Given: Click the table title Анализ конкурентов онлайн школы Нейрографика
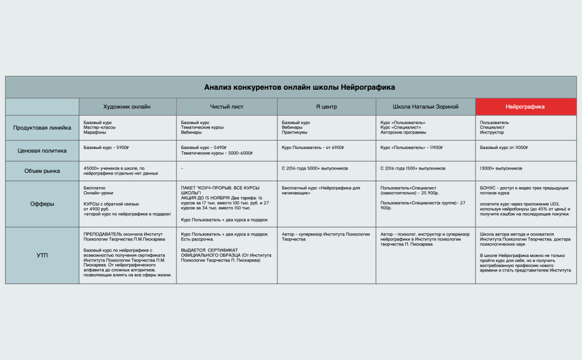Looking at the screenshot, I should point(299,88).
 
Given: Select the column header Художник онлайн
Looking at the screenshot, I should point(127,106).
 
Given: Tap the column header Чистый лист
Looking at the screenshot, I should point(226,106).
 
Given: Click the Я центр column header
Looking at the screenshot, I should point(326,106).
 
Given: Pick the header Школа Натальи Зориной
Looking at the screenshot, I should point(425,106).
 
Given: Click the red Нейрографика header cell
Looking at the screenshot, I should point(525,106).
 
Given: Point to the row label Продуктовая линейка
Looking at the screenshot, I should point(42,128).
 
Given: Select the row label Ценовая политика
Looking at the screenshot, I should point(42,150).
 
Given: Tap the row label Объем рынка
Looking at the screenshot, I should point(42,171).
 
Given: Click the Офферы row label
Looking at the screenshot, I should point(42,204).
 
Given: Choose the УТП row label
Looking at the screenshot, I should point(42,255).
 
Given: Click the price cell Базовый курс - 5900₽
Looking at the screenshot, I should point(106,148).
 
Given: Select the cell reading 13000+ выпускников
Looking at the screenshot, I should point(501,168).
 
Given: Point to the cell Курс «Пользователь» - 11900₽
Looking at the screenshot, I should point(412,148).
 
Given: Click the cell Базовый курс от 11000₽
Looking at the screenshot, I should point(503,148).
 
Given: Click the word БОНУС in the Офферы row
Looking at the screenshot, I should point(488,188).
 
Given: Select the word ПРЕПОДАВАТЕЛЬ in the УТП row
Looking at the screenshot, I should point(103,234).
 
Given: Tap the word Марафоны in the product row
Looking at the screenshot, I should point(94,133).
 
